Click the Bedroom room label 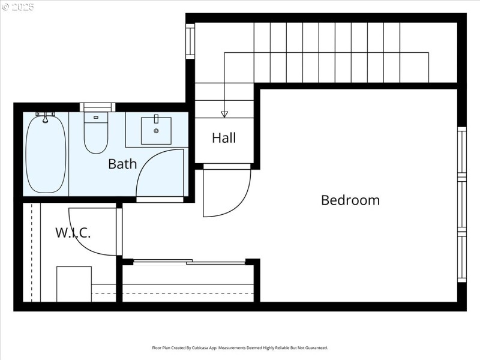coord(350,200)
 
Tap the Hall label coord(224,138)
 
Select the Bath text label coord(122,164)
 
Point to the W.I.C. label coord(73,233)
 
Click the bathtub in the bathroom coord(46,155)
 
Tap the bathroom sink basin coord(156,130)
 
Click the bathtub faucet coord(45,116)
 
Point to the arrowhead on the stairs coord(224,113)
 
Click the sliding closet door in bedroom coord(188,262)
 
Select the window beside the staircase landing coord(190,41)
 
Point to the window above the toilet coord(97,107)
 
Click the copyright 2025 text coord(18,7)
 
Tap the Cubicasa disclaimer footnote coord(240,348)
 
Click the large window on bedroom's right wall coord(461,204)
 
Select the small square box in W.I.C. coord(74,284)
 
